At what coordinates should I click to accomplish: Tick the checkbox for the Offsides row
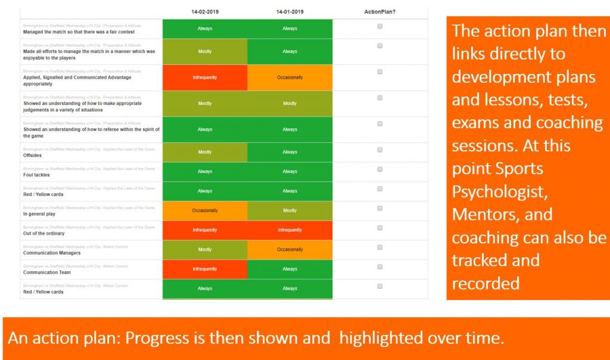[x=380, y=150]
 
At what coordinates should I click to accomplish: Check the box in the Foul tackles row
[x=380, y=169]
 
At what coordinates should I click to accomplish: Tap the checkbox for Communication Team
[x=380, y=266]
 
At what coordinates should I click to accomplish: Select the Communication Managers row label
[x=52, y=253]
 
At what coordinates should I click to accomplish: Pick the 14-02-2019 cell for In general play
[x=204, y=210]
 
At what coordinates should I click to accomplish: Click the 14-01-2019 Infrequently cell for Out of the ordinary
[x=290, y=230]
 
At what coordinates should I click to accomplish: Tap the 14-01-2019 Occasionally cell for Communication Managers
[x=290, y=250]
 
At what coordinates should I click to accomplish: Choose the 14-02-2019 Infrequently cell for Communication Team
[x=204, y=269]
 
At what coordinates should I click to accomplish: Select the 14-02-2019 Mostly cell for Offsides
[x=204, y=152]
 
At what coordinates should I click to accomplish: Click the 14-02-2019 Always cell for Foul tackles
[x=204, y=172]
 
